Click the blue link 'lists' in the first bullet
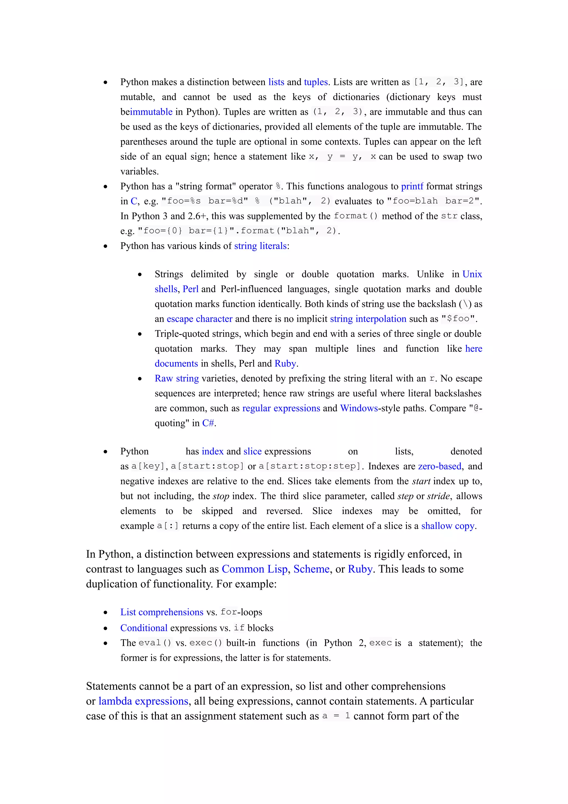[x=276, y=82]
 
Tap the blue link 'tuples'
[x=316, y=82]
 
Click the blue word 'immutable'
[x=151, y=112]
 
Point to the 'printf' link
[x=412, y=186]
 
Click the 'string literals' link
[x=260, y=246]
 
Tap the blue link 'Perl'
[x=190, y=289]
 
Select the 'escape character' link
[x=199, y=319]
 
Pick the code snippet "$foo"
[x=458, y=319]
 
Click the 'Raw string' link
[x=177, y=378]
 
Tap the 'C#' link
[x=208, y=423]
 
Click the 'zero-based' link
[x=440, y=466]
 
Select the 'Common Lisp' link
[x=254, y=569]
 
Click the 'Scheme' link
[x=311, y=569]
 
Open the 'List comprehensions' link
[x=162, y=612]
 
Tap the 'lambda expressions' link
[x=143, y=701]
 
